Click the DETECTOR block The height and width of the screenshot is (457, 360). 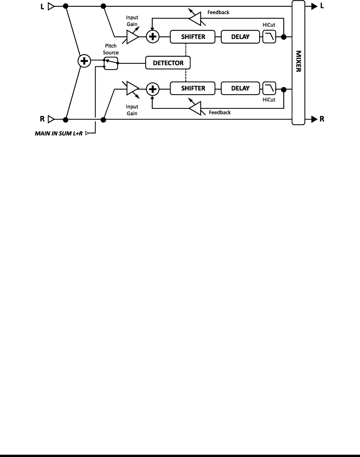click(x=168, y=63)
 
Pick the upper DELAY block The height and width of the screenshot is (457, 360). click(x=240, y=37)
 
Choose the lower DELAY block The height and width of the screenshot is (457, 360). click(x=240, y=89)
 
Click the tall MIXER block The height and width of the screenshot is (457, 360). click(x=298, y=63)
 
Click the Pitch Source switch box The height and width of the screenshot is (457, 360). click(x=111, y=63)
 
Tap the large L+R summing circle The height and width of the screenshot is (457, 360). click(x=84, y=61)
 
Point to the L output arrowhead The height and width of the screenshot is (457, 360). click(x=314, y=6)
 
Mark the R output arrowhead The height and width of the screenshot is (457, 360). click(x=314, y=119)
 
